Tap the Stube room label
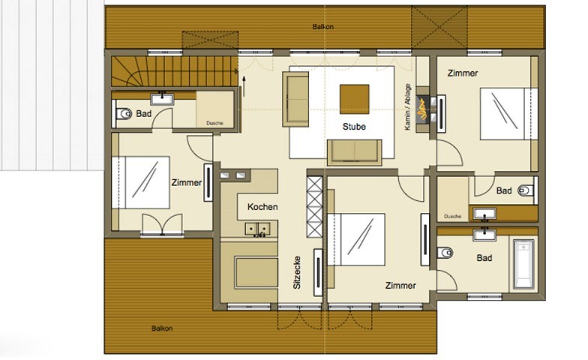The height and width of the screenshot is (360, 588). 354,127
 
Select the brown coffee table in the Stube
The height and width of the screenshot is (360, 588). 354,99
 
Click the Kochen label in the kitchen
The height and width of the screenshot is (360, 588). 262,207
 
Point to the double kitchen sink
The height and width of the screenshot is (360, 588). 258,229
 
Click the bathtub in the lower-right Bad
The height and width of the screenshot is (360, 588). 523,264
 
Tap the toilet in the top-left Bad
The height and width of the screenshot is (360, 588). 124,113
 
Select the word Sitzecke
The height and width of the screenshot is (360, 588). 297,273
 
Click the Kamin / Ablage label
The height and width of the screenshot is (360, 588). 408,107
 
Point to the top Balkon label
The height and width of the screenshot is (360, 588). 322,27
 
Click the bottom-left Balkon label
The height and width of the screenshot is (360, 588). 162,328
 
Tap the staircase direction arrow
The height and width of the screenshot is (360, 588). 244,86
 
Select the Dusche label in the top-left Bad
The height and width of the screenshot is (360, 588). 214,123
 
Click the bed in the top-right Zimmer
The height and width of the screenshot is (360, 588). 508,114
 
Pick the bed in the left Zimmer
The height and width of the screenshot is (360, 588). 141,182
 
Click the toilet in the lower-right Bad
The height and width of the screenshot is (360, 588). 445,253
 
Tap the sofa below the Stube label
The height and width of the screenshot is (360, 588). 354,152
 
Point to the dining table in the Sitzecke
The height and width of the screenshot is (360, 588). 256,271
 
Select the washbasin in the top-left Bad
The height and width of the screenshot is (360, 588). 162,99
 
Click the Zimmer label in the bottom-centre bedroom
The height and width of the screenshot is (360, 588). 400,285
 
